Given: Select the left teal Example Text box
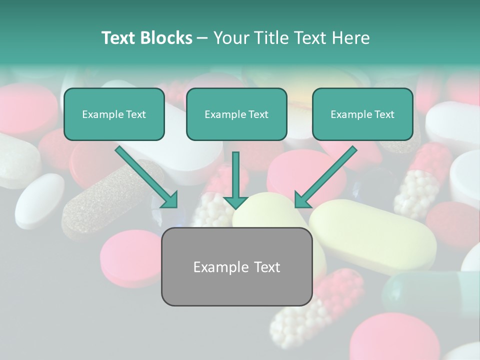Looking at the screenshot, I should tap(114, 114).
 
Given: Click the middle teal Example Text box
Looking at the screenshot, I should tap(236, 114).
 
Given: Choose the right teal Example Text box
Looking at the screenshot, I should tap(362, 114).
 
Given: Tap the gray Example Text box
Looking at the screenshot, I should tap(236, 266).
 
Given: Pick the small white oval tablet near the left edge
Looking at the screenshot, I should tap(39, 200).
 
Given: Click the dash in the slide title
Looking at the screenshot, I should tap(202, 38).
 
